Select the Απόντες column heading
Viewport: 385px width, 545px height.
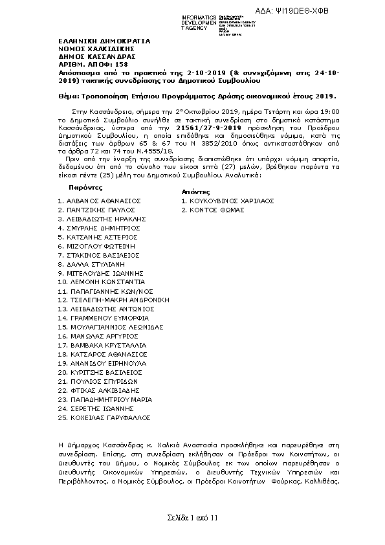(x=196, y=192)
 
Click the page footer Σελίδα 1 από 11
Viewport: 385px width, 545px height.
(x=192, y=518)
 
